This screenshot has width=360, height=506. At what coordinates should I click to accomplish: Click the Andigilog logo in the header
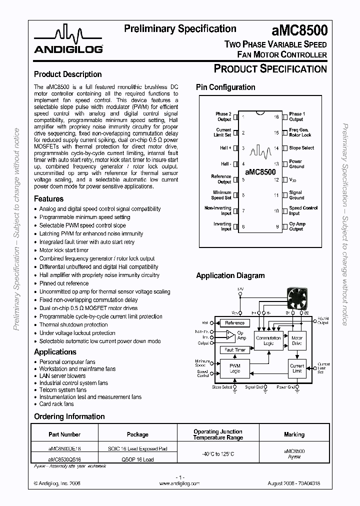tap(68, 41)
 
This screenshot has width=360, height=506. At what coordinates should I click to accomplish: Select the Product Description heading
tap(67, 74)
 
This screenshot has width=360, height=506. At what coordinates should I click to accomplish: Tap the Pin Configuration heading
tap(225, 87)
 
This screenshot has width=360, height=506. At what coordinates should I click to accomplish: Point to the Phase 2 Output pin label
tap(223, 116)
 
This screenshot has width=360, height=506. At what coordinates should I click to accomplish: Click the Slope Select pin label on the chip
tap(301, 148)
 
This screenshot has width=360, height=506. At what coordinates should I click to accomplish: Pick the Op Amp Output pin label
tap(296, 226)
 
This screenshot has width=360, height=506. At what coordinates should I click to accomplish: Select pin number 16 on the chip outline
tap(276, 116)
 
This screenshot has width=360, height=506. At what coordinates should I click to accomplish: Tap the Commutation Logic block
tap(268, 340)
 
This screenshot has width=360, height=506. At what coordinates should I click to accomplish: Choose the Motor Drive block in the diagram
tap(296, 340)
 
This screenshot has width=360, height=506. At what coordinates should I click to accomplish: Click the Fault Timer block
tap(235, 350)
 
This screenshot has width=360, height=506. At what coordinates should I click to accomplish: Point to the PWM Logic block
tap(234, 368)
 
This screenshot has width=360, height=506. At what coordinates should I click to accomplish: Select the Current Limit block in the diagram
tap(296, 368)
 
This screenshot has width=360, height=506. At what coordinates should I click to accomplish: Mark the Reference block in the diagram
tap(234, 323)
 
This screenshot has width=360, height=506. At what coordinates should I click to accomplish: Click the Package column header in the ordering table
tap(137, 434)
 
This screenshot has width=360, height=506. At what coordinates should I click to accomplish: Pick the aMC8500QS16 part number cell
tap(64, 459)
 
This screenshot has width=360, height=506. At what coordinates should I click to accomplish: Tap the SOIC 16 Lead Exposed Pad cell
tap(137, 448)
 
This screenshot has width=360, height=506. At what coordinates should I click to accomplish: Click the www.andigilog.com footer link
tap(179, 483)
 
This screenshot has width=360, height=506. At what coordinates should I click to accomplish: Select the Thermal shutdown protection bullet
tap(73, 324)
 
